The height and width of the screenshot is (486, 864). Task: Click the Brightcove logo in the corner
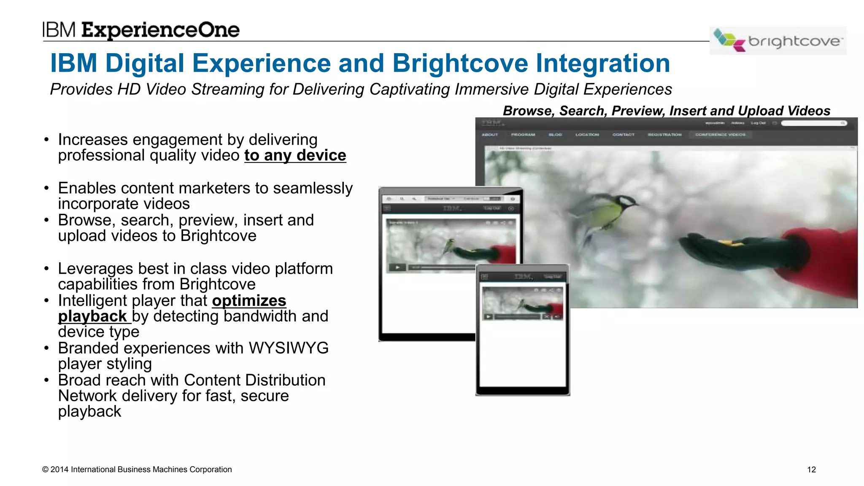tap(778, 41)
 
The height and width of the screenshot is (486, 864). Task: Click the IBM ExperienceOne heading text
tap(141, 30)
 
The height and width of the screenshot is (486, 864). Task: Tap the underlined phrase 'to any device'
tap(295, 156)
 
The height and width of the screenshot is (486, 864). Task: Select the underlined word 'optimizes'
tap(249, 301)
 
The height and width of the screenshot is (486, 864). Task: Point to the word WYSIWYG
tap(289, 348)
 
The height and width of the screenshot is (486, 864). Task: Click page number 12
tap(811, 470)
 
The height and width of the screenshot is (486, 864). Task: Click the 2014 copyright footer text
tap(137, 470)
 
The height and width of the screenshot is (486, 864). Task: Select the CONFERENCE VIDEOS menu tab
tap(720, 135)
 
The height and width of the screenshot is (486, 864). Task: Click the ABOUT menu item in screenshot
tap(490, 135)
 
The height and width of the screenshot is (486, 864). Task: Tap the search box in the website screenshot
tap(812, 123)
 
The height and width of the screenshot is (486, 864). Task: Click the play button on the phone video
tap(488, 316)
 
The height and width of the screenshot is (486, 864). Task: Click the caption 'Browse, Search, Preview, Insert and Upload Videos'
tap(666, 111)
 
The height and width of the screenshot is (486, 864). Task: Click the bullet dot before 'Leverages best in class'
tap(46, 269)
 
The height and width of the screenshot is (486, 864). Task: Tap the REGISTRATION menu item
tap(664, 135)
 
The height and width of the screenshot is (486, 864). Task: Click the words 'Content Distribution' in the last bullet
tap(254, 381)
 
